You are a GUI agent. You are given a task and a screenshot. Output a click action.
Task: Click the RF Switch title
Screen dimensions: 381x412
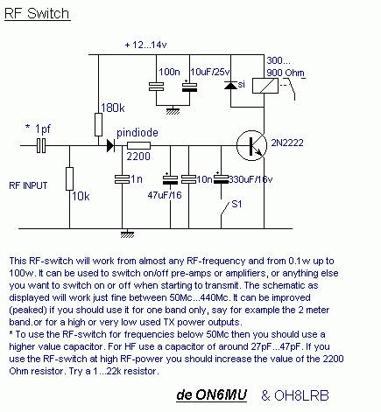[x=38, y=14]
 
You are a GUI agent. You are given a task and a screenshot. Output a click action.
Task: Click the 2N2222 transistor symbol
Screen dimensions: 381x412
[x=251, y=145]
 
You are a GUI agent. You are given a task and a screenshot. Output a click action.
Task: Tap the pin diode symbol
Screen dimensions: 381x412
[x=110, y=145]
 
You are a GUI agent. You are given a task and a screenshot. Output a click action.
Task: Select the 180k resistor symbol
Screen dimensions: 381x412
[x=98, y=125]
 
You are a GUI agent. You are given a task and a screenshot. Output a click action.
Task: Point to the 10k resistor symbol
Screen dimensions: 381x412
[x=69, y=178]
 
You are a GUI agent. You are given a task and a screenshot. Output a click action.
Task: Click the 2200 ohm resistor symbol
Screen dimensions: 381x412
[x=138, y=145]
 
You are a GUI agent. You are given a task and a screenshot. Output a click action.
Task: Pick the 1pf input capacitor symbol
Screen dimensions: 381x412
[x=41, y=145]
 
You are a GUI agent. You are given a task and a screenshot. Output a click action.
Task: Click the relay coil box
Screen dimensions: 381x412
[x=265, y=86]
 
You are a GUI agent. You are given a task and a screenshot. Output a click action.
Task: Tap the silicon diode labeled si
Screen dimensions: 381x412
[x=230, y=85]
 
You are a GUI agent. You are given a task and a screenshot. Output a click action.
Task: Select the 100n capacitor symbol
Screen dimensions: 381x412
[x=156, y=87]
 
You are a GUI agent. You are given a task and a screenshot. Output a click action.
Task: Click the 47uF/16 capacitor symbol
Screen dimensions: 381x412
[x=170, y=179]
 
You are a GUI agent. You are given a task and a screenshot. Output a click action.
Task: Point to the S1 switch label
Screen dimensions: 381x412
[x=236, y=204]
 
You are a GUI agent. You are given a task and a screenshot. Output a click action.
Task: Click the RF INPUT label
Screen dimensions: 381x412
[x=28, y=185]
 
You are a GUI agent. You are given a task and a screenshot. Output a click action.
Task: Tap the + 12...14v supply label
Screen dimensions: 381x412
[x=145, y=45]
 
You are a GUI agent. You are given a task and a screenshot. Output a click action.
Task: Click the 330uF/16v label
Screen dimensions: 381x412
[x=250, y=179]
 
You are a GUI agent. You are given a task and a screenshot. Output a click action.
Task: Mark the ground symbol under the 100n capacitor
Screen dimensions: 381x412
[x=173, y=111]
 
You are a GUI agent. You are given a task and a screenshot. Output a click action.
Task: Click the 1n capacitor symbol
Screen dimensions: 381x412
[x=122, y=179]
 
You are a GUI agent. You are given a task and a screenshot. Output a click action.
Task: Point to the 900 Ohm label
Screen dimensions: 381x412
[x=286, y=73]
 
